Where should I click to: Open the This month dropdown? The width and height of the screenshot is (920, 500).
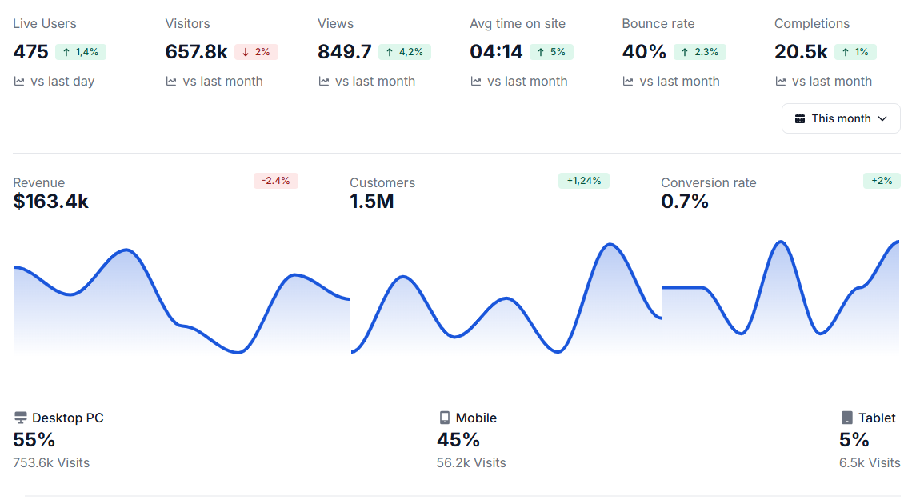[x=841, y=118]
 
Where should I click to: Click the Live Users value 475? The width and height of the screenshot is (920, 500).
[x=30, y=52]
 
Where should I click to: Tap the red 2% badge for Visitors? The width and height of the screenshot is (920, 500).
[x=257, y=52]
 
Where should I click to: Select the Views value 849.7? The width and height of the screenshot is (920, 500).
[x=344, y=52]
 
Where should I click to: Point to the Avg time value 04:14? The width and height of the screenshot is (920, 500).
[x=496, y=52]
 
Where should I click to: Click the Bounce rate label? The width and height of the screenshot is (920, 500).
[x=658, y=24]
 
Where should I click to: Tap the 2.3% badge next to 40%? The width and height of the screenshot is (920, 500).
[x=700, y=52]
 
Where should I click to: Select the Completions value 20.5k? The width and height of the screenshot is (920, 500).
[x=801, y=52]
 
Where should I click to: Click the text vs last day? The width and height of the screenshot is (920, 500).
[x=62, y=82]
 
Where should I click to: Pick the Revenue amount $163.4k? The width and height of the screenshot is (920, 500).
[x=50, y=202]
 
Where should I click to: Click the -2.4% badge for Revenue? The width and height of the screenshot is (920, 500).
[x=275, y=181]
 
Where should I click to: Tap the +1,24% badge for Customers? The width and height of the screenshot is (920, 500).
[x=583, y=181]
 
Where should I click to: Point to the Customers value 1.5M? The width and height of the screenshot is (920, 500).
[x=371, y=202]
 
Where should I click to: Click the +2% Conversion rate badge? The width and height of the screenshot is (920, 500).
[x=882, y=181]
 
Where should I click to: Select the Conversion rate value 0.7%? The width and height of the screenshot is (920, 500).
[x=685, y=202]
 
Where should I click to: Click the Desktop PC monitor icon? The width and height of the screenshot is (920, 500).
[x=21, y=418]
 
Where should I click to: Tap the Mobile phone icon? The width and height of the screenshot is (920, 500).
[x=445, y=418]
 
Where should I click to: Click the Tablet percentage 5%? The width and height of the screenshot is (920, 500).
[x=854, y=440]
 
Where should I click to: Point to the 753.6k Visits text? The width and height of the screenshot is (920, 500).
[x=51, y=462]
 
